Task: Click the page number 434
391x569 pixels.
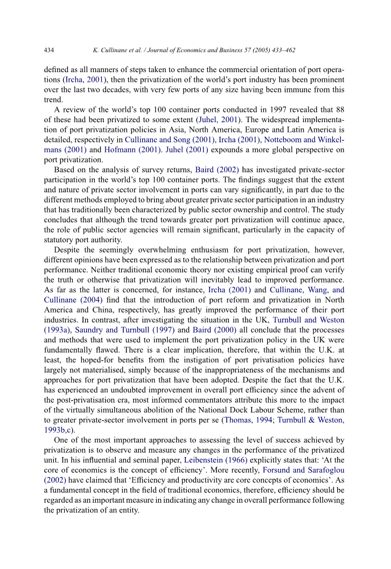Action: [x=48, y=50]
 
